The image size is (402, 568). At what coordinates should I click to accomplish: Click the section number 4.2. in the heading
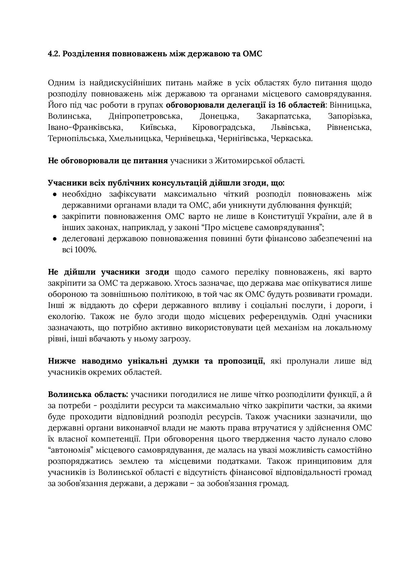pyautogui.click(x=54, y=54)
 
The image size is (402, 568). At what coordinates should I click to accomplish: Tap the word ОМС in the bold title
pyautogui.click(x=252, y=54)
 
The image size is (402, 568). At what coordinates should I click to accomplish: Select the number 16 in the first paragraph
pyautogui.click(x=282, y=105)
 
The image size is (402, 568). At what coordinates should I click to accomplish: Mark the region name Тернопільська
pyautogui.click(x=77, y=138)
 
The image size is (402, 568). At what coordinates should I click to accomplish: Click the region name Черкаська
pyautogui.click(x=292, y=138)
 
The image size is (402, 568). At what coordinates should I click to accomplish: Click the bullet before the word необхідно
pyautogui.click(x=55, y=194)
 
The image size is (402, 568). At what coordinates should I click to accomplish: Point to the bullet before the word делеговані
pyautogui.click(x=55, y=239)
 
